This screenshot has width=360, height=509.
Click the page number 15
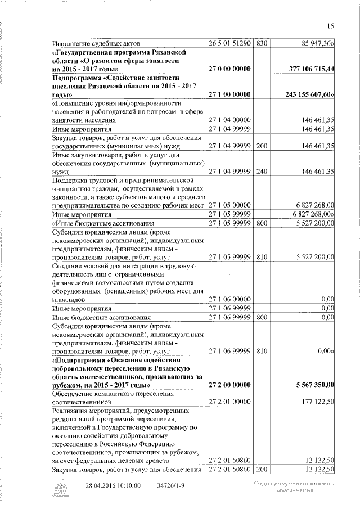tap(331, 25)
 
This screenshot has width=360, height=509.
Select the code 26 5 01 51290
tap(230, 43)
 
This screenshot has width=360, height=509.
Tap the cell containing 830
tap(262, 43)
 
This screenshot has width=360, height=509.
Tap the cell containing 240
tap(262, 172)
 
